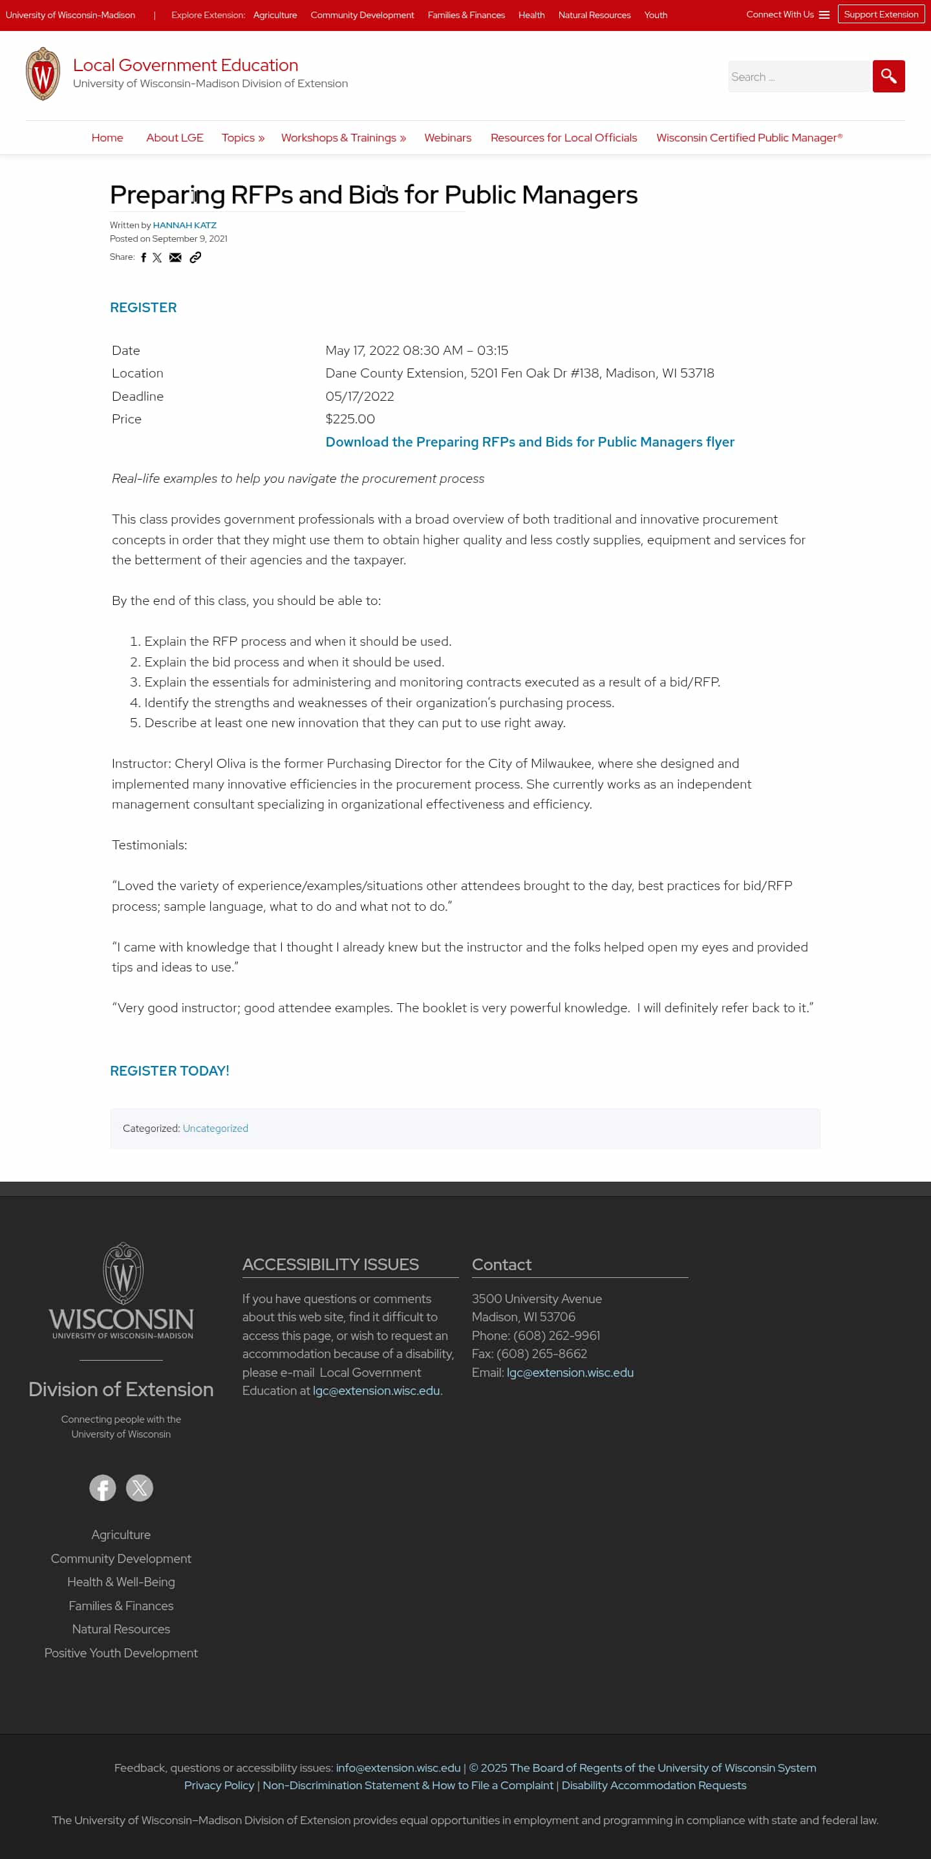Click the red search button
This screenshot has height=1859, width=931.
[888, 76]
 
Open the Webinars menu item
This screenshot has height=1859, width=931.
[447, 138]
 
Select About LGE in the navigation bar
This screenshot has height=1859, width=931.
[175, 138]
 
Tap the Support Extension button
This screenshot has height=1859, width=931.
[881, 14]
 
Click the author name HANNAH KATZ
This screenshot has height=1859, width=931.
[185, 225]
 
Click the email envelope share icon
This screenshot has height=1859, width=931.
[175, 258]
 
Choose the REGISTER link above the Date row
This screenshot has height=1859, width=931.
[143, 308]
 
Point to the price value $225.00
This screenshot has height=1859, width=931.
[350, 420]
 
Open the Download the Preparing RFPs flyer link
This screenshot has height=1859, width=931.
[530, 441]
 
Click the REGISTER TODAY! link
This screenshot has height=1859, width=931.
[169, 1071]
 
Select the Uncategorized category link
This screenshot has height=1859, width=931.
[215, 1129]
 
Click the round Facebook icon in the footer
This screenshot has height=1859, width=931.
[103, 1487]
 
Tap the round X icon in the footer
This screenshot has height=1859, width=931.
[139, 1487]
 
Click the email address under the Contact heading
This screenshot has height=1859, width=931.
[570, 1373]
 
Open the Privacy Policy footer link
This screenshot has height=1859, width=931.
[219, 1785]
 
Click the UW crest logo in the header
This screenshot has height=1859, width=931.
[43, 74]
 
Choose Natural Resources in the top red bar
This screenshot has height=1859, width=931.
[594, 15]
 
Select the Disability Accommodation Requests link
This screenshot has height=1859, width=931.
[654, 1785]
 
